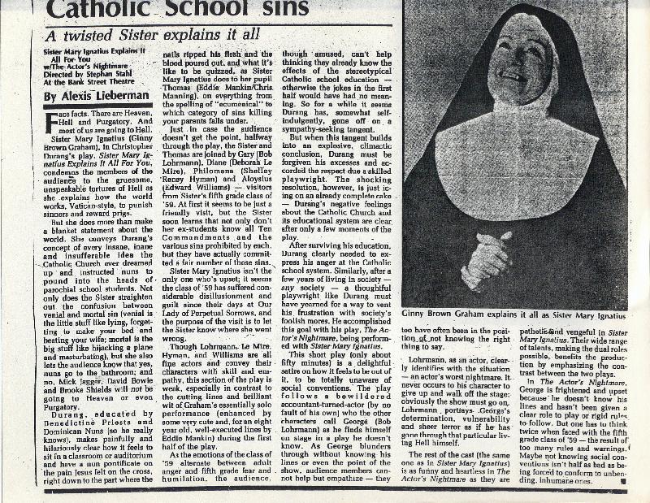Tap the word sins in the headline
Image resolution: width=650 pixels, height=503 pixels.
(x=340, y=10)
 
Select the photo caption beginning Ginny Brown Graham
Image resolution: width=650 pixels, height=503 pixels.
(x=514, y=313)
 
